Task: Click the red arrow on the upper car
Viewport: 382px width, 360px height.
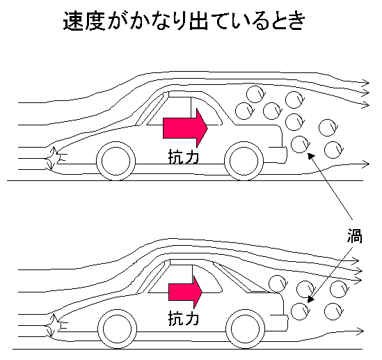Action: (x=185, y=128)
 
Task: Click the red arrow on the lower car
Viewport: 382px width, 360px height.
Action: (x=185, y=292)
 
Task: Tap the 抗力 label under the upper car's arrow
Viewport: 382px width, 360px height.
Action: (x=184, y=157)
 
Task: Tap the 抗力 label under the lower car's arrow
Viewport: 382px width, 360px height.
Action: (x=184, y=318)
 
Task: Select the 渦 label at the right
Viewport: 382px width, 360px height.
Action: (x=355, y=235)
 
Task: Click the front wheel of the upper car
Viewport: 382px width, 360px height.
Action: (x=116, y=161)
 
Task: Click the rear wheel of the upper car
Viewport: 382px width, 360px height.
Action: (x=244, y=161)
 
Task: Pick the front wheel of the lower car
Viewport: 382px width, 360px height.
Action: (x=118, y=329)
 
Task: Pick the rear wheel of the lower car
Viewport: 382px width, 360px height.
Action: (x=246, y=329)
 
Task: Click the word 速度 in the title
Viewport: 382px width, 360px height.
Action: (x=84, y=22)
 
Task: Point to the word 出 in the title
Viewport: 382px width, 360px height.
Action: (x=198, y=22)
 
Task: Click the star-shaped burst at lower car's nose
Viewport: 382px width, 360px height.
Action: (x=54, y=326)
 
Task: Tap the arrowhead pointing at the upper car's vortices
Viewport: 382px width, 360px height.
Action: (x=311, y=155)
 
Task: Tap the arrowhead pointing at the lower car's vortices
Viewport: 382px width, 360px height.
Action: (x=310, y=299)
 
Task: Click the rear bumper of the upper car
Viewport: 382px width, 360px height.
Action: (x=278, y=155)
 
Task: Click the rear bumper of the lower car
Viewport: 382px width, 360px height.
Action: (x=279, y=323)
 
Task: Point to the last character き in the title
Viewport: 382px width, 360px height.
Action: (x=296, y=22)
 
